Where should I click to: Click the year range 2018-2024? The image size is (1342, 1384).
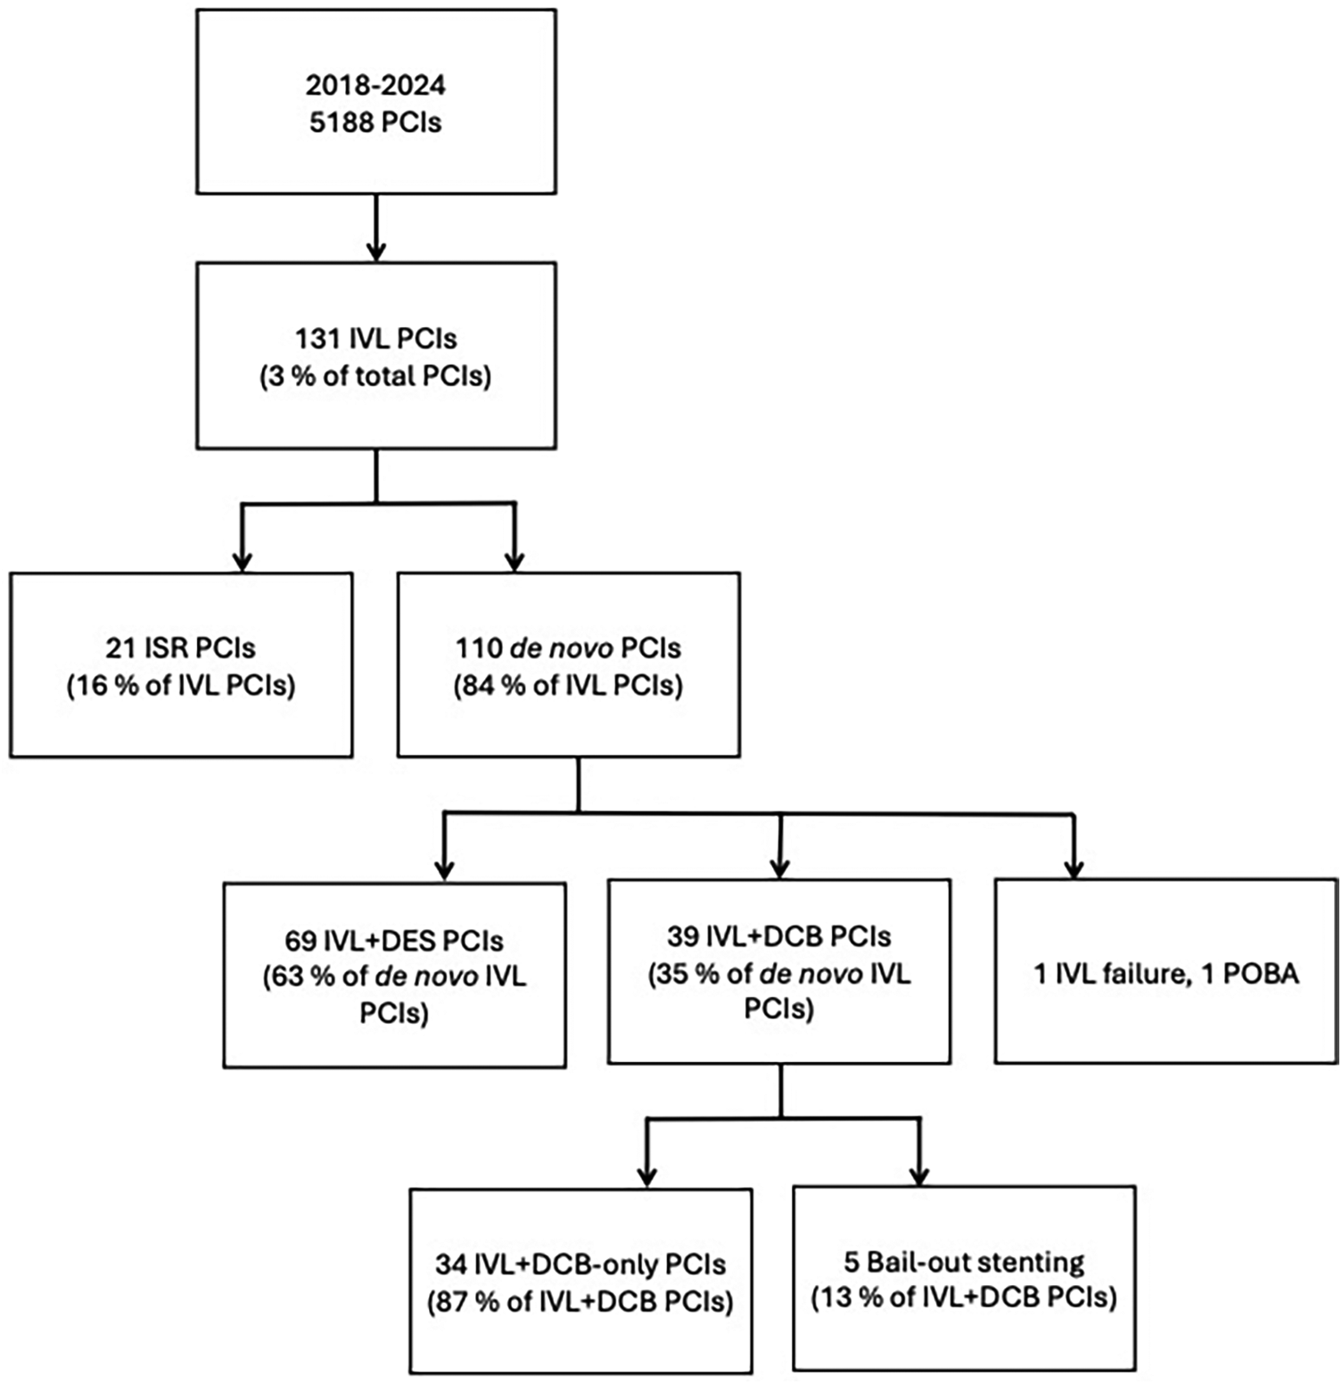coord(375,86)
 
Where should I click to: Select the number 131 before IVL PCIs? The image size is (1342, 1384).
coord(317,339)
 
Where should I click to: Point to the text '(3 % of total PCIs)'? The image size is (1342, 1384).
coord(375,376)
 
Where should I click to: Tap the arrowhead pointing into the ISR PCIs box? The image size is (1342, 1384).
coord(242,561)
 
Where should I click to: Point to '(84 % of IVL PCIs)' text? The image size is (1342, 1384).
coord(568,686)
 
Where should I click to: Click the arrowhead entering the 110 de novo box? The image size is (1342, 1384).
coord(515,561)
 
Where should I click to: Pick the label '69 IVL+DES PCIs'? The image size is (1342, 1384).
coord(394,941)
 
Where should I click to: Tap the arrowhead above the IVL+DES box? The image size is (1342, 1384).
coord(444,869)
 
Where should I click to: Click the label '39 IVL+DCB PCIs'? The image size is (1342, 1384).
coord(778,936)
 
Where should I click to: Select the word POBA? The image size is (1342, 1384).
coord(1260,973)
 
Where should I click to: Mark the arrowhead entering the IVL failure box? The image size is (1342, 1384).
coord(1074,868)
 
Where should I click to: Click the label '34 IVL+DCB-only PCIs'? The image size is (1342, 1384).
coord(580,1265)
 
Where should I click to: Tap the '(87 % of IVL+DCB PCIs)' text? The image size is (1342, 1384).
coord(580,1302)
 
